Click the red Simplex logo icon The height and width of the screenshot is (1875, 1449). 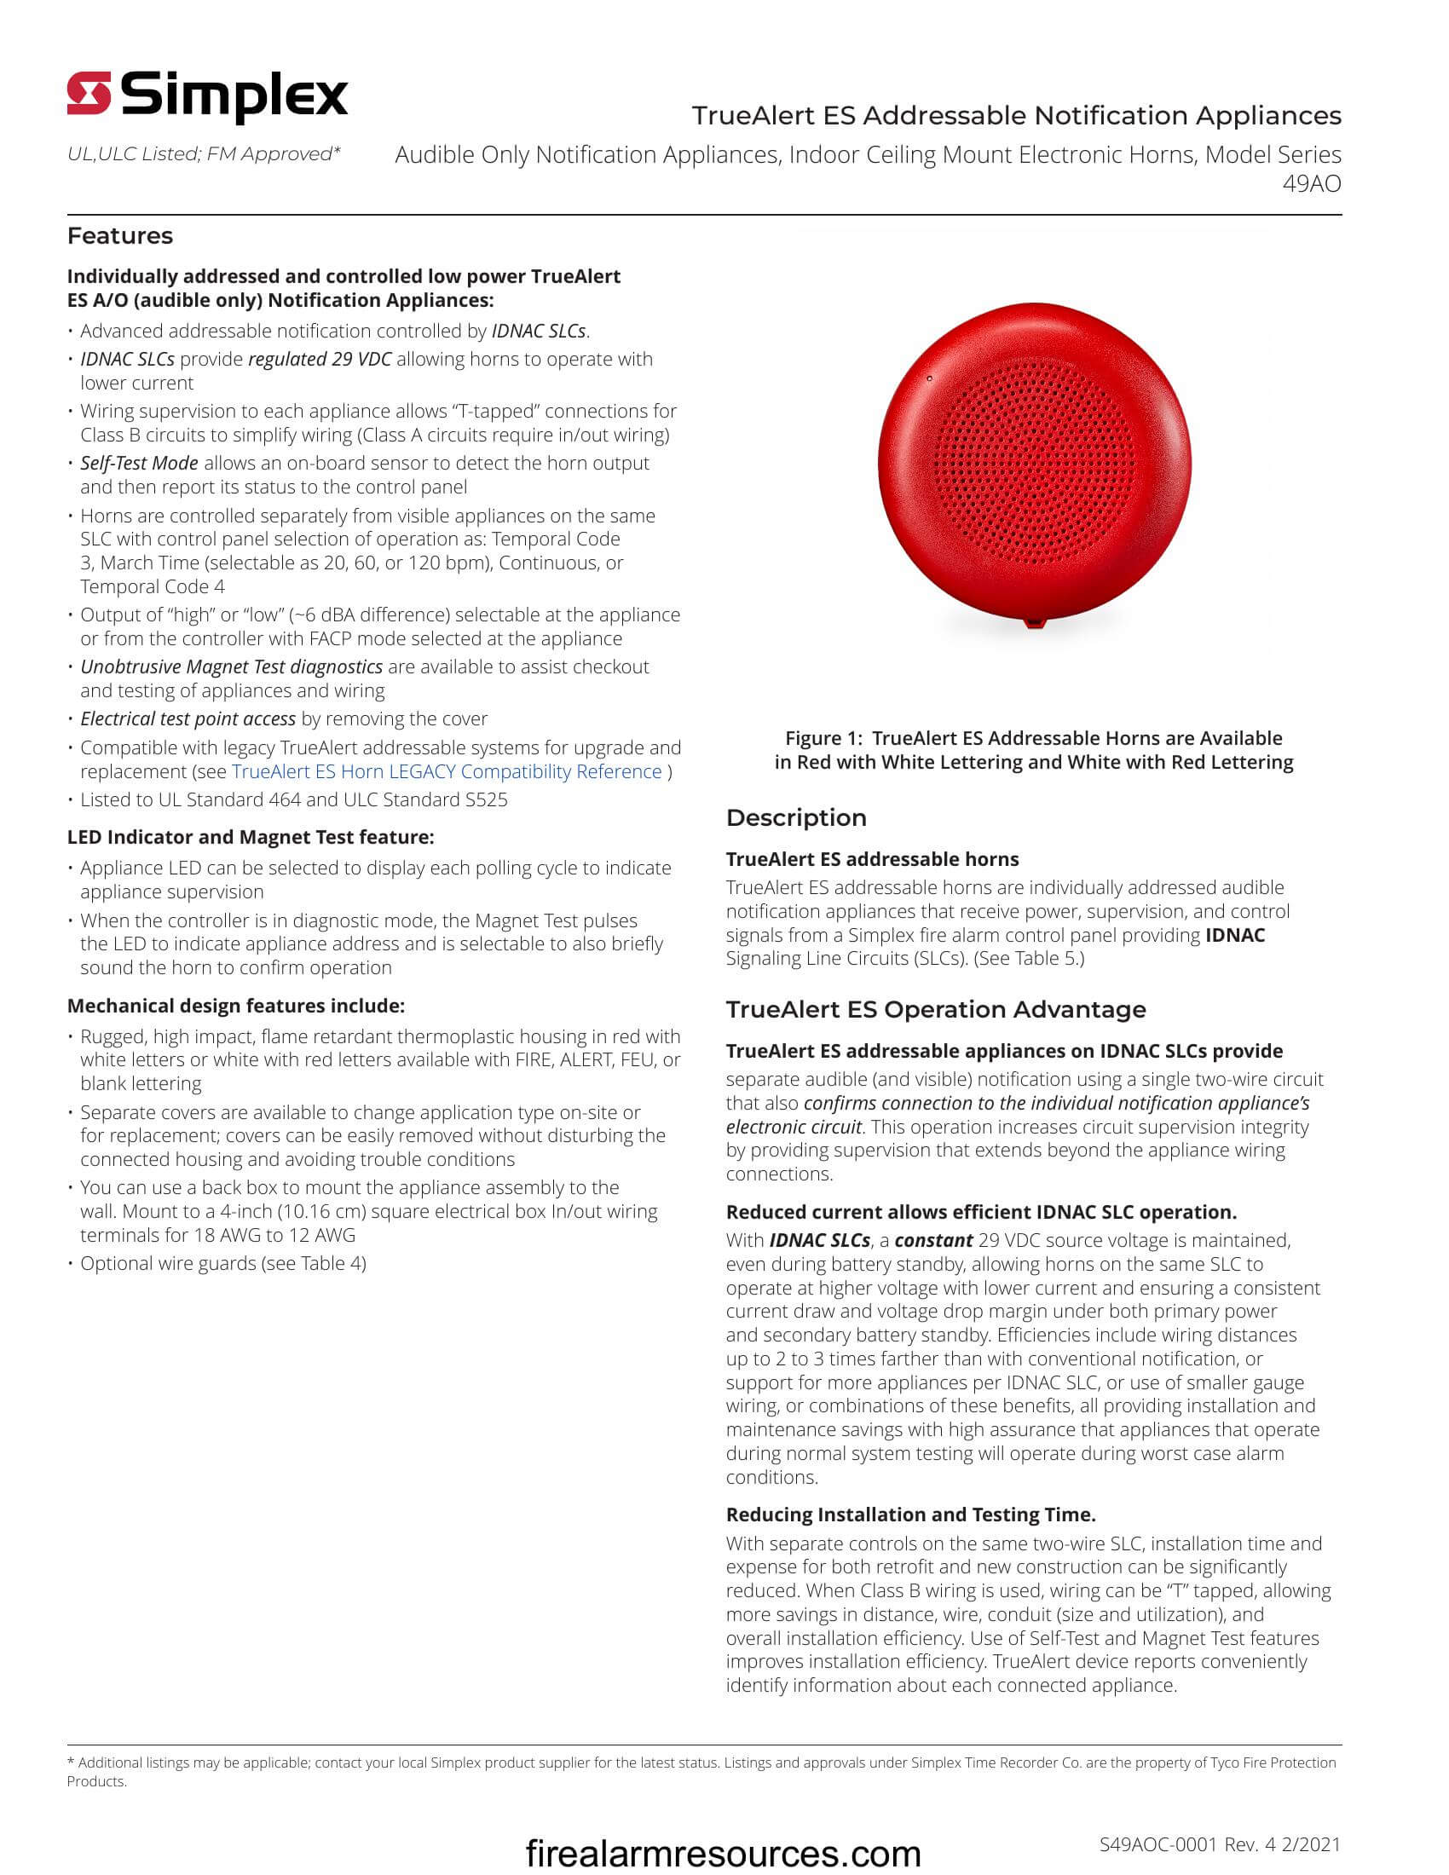coord(89,93)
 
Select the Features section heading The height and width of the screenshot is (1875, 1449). coord(120,236)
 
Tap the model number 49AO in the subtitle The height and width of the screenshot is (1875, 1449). coord(1311,184)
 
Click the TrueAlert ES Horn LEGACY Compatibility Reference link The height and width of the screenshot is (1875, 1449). coord(447,772)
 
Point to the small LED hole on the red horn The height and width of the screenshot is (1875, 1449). coord(929,378)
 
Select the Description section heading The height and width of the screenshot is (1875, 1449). coord(796,818)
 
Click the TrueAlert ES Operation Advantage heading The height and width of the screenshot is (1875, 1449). coord(936,1010)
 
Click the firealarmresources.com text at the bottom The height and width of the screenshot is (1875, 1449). coord(723,1853)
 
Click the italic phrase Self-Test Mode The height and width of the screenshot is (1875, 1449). coord(139,464)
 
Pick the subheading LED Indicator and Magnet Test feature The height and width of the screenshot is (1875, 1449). coord(251,837)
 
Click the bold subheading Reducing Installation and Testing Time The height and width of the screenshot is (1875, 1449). coord(911,1514)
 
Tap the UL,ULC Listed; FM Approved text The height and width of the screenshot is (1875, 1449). coord(205,154)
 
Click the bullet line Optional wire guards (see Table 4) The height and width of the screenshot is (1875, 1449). coord(223,1264)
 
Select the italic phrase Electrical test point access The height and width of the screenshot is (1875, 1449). coord(188,719)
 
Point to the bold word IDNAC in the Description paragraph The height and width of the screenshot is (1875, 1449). coord(1234,936)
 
